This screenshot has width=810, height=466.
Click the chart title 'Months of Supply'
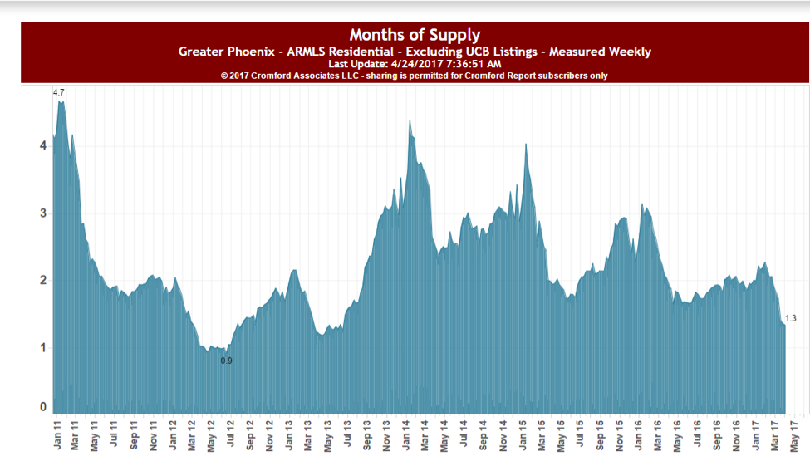(x=415, y=35)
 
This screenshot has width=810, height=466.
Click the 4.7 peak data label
(x=58, y=92)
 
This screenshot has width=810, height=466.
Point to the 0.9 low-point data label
(x=226, y=361)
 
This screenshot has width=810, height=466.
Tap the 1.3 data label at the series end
(x=790, y=318)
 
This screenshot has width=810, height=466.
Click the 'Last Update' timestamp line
(x=415, y=64)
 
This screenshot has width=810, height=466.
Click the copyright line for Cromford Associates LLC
(x=415, y=76)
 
